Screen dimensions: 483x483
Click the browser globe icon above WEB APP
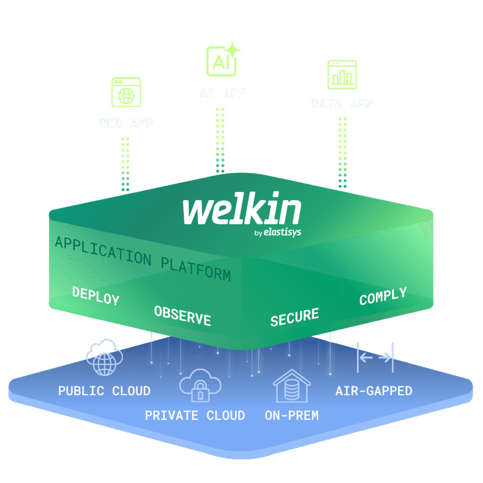point(126,92)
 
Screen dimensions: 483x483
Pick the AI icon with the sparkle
point(222,61)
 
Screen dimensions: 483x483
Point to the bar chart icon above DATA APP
point(342,75)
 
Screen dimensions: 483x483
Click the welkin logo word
point(241,211)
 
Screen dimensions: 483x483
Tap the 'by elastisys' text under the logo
point(277,232)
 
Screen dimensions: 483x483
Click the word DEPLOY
point(96,296)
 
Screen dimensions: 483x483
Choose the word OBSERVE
point(183,316)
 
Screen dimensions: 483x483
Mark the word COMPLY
point(383,296)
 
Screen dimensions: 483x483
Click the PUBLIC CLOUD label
point(104,391)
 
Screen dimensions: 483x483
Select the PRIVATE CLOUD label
point(195,416)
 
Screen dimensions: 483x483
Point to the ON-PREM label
point(291,416)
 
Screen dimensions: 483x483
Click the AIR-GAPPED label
point(374,391)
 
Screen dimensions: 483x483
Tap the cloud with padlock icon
point(200,385)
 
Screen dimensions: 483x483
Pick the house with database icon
point(292,385)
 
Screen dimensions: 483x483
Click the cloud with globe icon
point(104,358)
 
